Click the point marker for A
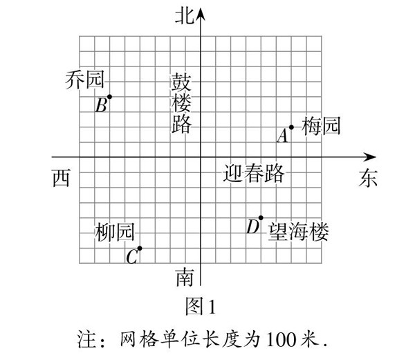click(x=292, y=127)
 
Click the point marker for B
click(x=109, y=97)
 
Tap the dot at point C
click(x=140, y=249)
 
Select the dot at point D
click(x=261, y=218)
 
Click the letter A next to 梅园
click(x=282, y=136)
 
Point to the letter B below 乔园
click(x=101, y=106)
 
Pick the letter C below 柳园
click(x=132, y=258)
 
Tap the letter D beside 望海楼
click(x=252, y=227)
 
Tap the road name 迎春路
click(x=254, y=173)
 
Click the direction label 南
click(x=184, y=278)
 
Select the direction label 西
click(x=61, y=178)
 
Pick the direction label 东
click(x=367, y=178)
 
